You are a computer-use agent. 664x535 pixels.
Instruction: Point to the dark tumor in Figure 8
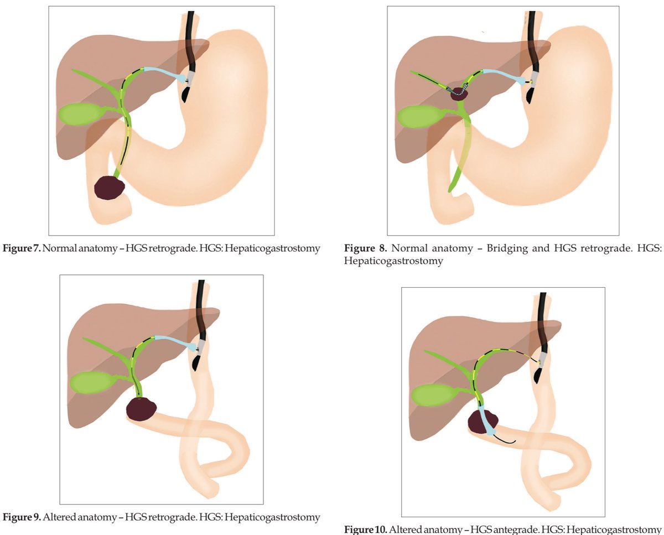[459, 94]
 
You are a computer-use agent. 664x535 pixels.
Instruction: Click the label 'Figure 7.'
[21, 248]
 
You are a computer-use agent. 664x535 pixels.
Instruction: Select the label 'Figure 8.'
[362, 248]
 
